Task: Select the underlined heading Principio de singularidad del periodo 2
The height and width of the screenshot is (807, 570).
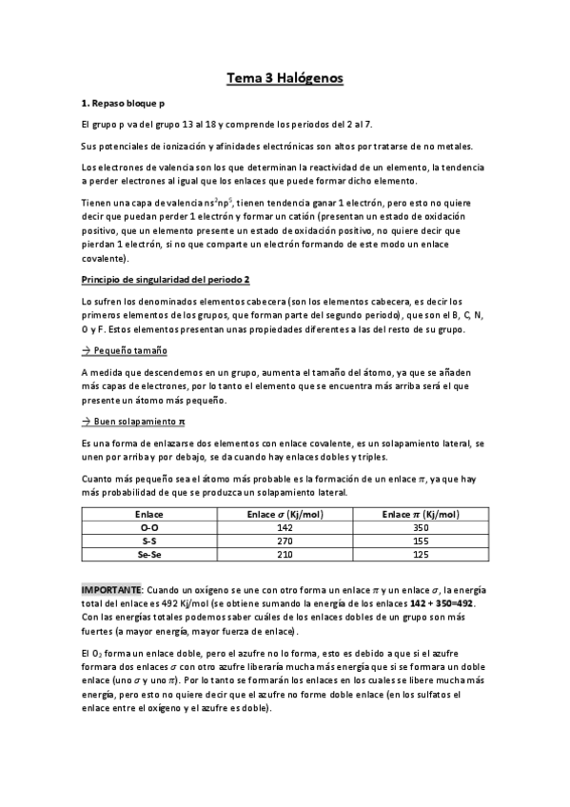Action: pyautogui.click(x=166, y=279)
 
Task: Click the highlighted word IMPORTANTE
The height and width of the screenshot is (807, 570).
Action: pyautogui.click(x=112, y=591)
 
